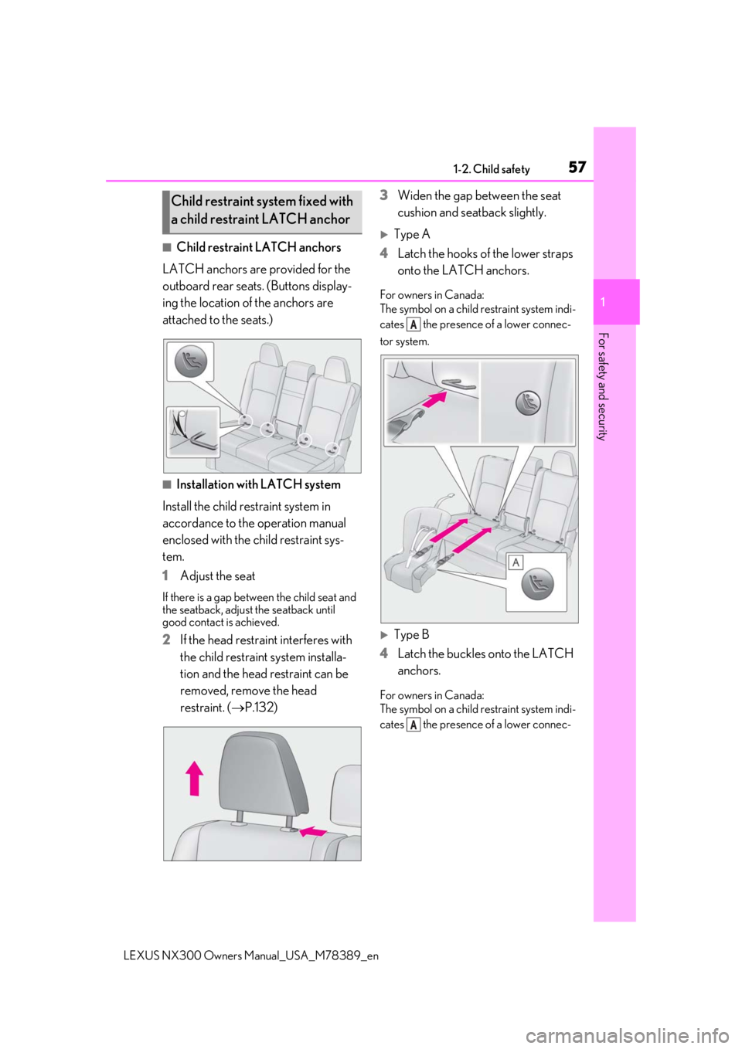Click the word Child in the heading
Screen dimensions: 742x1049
tap(185, 201)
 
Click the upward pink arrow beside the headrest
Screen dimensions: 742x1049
tap(194, 777)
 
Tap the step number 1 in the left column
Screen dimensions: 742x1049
tap(166, 576)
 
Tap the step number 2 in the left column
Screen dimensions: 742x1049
tap(166, 640)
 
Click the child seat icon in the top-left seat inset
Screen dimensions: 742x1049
tap(188, 364)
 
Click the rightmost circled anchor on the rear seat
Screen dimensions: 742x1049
tap(332, 448)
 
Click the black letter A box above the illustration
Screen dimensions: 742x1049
tap(414, 325)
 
